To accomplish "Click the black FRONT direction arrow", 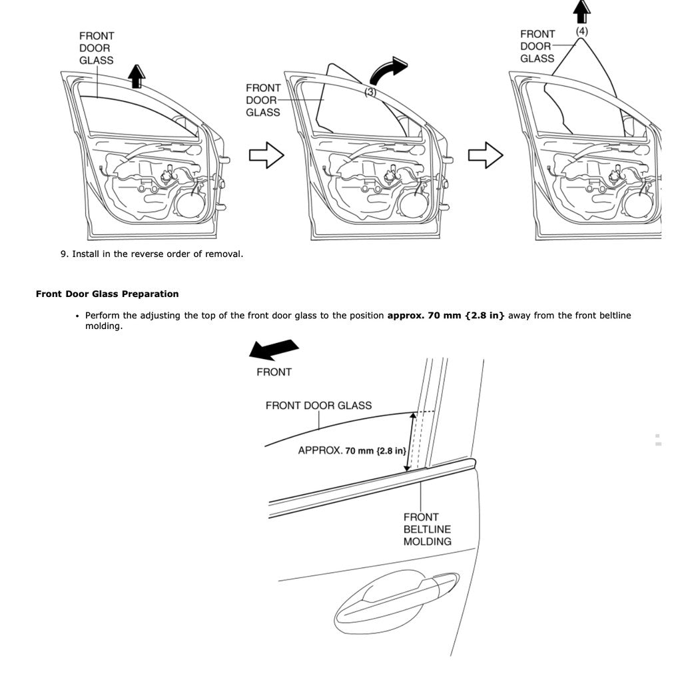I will (x=273, y=350).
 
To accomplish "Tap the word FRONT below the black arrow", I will (x=274, y=372).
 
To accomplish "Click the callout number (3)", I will (x=370, y=93).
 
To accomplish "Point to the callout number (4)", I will (x=582, y=31).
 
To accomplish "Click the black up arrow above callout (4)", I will (x=582, y=11).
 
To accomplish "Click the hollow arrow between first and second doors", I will (x=266, y=155).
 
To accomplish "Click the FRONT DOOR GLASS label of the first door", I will (x=97, y=48).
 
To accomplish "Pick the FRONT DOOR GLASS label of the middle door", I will (x=263, y=100).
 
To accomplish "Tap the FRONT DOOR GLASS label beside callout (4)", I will (x=537, y=46).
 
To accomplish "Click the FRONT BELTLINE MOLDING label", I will (x=427, y=529).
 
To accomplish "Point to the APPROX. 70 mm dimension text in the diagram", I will (x=352, y=451).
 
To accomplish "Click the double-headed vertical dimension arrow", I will (x=412, y=441).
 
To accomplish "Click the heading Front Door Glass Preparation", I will (x=107, y=294).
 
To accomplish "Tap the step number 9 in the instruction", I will (x=64, y=254).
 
